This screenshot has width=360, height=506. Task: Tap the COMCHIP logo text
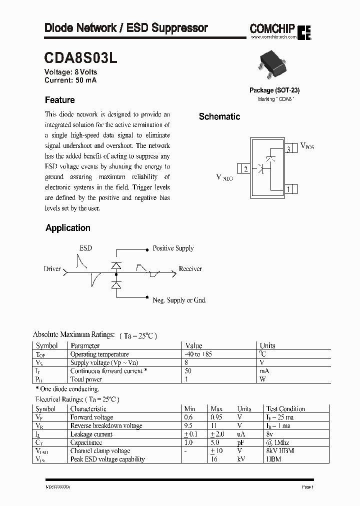point(272,29)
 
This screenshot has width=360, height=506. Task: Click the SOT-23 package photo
point(274,65)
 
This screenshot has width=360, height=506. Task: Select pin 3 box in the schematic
point(289,148)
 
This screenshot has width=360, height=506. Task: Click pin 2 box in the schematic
point(244,169)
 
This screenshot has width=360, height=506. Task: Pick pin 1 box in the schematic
point(289,189)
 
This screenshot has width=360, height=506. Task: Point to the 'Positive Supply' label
point(173,248)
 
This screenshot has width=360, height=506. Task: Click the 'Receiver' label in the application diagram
point(190,269)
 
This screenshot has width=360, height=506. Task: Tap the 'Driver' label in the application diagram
point(52,269)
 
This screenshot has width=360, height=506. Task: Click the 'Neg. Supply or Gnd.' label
point(179,300)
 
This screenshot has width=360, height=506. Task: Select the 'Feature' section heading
point(59,100)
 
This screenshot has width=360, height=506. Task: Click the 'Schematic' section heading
point(219,116)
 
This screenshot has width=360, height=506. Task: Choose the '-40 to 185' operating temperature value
point(198,354)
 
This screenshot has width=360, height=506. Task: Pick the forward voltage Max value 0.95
point(216,417)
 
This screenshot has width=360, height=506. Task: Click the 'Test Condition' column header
point(285,408)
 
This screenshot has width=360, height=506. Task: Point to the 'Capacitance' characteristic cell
point(86,442)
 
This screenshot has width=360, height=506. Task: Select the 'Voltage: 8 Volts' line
point(71,72)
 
